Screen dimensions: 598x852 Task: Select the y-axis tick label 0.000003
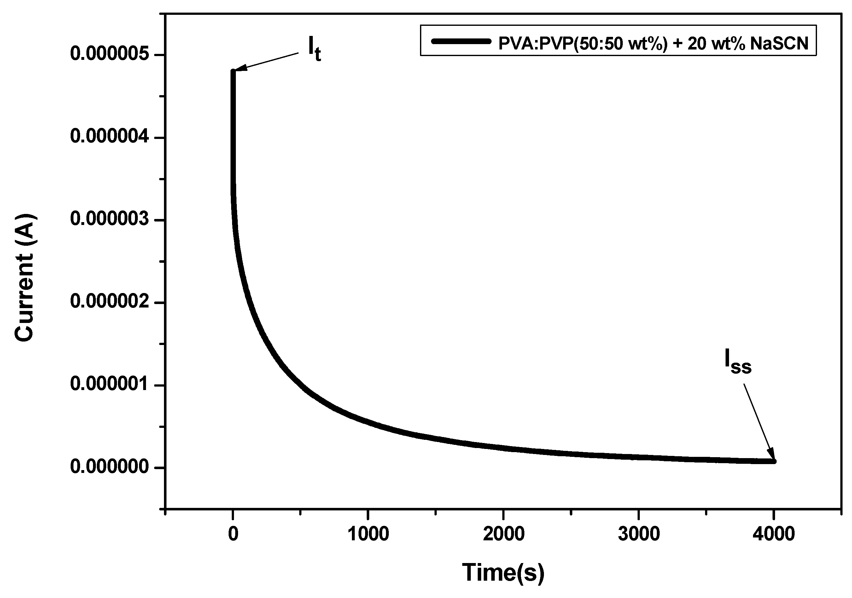110,220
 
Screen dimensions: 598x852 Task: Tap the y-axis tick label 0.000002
110,302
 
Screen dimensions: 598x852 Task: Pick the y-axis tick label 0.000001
110,385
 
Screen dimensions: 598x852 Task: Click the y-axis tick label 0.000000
110,468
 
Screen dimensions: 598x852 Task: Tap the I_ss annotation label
738,361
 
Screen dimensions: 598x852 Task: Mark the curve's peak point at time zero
233,71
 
